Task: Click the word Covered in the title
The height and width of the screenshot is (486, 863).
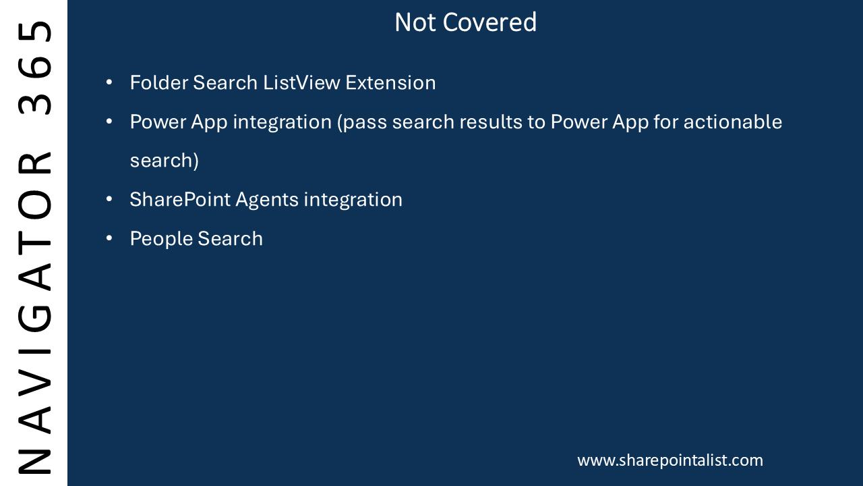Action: tap(489, 22)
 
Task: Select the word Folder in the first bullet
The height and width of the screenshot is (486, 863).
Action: tap(158, 82)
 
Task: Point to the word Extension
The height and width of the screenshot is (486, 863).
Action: tap(390, 82)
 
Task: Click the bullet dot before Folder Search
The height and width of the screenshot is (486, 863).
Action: tap(109, 82)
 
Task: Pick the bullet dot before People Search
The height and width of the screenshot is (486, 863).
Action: tap(109, 238)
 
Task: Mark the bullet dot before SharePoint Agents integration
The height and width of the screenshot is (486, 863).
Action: tap(109, 199)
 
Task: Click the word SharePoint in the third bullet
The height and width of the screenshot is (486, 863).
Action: tap(180, 199)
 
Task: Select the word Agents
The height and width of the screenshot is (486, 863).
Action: tap(267, 200)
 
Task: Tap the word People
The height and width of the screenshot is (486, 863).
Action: tap(160, 239)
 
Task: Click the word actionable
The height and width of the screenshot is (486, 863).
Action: tap(733, 122)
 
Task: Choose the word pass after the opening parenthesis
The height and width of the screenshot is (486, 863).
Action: tap(365, 123)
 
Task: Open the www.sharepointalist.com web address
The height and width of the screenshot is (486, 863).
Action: tap(670, 460)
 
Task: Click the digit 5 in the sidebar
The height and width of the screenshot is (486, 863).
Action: tap(34, 32)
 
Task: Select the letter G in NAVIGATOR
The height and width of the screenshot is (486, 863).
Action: tap(34, 319)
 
